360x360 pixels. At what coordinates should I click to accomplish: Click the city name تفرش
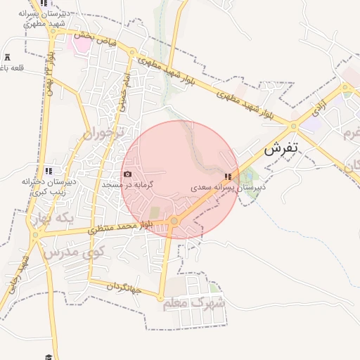tap(282, 149)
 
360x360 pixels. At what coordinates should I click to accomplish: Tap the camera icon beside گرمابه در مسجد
tap(127, 174)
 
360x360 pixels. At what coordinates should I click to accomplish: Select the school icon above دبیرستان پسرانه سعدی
tap(227, 176)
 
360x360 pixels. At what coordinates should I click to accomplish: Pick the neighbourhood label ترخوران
tap(102, 131)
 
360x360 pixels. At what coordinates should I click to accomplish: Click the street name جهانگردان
tap(124, 287)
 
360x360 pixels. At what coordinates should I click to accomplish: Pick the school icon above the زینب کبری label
tap(49, 171)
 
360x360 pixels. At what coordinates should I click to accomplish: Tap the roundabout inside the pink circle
tap(174, 221)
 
